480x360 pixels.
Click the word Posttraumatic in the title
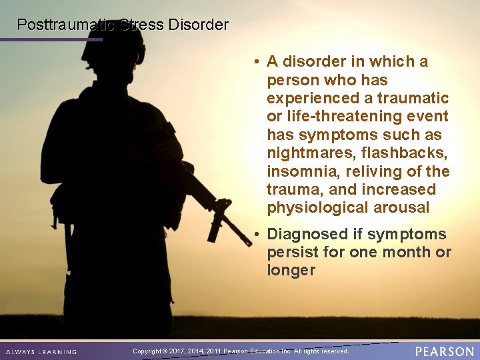pos(65,25)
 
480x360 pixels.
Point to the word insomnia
pos(302,171)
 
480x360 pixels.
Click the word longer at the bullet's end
pos(291,271)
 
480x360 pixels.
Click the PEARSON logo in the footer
pos(444,351)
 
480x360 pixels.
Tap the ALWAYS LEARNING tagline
pos(41,351)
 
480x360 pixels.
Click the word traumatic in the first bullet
pos(413,99)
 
